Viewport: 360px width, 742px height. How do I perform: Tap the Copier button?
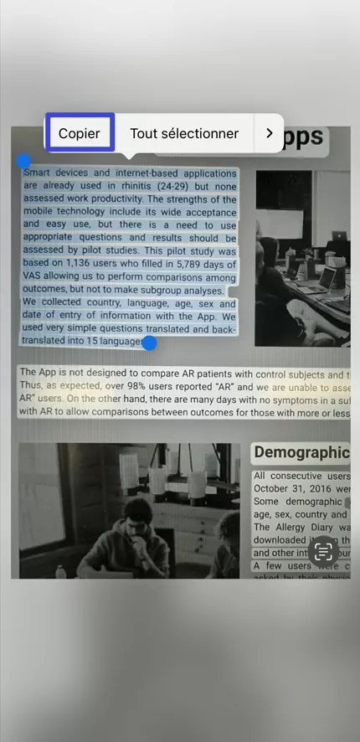(80, 133)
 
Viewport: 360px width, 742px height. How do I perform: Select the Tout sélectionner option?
(184, 133)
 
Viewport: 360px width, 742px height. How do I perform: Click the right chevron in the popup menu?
(269, 133)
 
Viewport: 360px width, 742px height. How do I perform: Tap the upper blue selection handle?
(24, 161)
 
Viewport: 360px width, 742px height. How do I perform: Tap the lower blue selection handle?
(149, 343)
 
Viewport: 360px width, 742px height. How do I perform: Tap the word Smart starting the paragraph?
(38, 173)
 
